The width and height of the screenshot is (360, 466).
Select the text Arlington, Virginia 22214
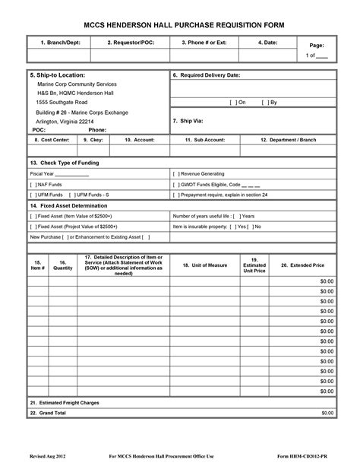pos(65,121)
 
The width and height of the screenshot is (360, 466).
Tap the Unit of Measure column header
pos(201,265)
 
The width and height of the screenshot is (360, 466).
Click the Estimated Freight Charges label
pos(64,401)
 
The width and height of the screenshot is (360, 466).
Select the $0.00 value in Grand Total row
pos(327,412)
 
